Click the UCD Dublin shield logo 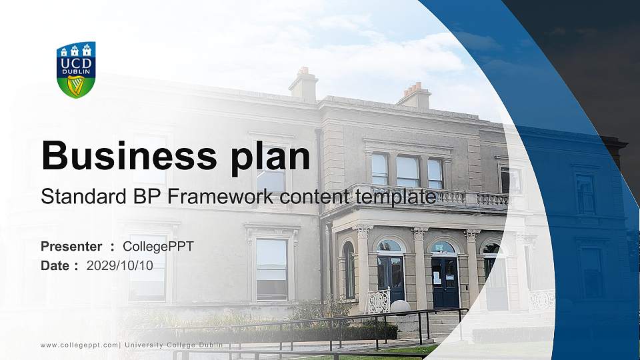[76, 69]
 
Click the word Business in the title [123, 155]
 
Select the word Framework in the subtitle [221, 197]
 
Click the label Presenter [71, 247]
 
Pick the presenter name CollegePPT [158, 247]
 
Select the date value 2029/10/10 [120, 265]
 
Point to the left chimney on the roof [303, 84]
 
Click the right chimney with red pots [415, 96]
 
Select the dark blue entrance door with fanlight [444, 277]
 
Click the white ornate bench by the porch [378, 301]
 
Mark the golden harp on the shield [75, 85]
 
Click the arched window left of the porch [348, 269]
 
